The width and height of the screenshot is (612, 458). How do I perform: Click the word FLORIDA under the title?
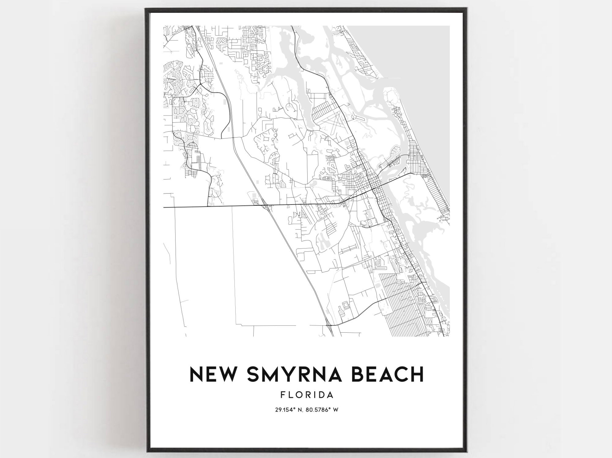(x=307, y=395)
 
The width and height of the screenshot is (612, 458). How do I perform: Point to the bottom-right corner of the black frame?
(x=467, y=451)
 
